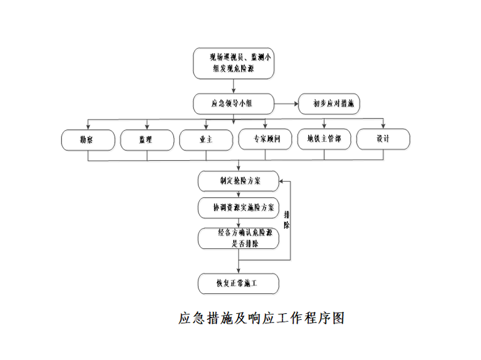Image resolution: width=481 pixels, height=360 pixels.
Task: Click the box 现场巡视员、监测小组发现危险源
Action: click(x=232, y=63)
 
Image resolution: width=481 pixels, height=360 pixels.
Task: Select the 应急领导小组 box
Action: click(x=232, y=103)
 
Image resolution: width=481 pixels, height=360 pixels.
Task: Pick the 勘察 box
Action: click(x=88, y=139)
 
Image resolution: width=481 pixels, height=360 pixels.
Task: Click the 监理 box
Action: click(x=146, y=139)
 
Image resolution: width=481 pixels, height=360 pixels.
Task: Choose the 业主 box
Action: click(x=205, y=139)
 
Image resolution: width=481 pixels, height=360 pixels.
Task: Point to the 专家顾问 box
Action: click(x=265, y=139)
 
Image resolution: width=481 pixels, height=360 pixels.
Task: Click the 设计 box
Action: click(x=383, y=139)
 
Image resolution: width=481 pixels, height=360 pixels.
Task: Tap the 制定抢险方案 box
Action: click(x=238, y=181)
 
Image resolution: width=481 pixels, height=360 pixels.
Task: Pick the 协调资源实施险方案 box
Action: click(x=238, y=208)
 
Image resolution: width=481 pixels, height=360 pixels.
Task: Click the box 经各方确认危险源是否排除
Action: click(x=238, y=239)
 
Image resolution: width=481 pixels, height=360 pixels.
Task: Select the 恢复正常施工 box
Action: click(x=238, y=284)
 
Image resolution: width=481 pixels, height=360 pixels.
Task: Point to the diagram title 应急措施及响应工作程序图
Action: click(x=261, y=318)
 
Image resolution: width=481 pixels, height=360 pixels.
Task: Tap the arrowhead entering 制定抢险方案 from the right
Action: click(x=282, y=182)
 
